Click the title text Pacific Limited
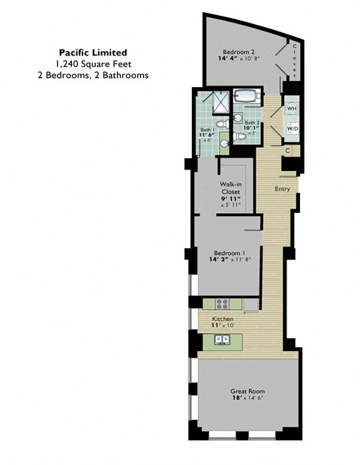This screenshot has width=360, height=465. (x=93, y=52)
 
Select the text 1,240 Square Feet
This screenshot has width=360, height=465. (x=93, y=64)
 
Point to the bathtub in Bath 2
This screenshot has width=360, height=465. (x=245, y=97)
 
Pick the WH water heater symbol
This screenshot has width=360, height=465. (x=291, y=109)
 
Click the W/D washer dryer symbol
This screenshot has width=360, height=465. (x=291, y=130)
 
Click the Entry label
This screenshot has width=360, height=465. (x=282, y=188)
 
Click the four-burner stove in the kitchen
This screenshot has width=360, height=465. (x=223, y=304)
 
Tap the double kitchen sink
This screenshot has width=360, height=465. (x=223, y=340)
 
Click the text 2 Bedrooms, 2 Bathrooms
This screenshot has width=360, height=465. (x=93, y=75)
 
